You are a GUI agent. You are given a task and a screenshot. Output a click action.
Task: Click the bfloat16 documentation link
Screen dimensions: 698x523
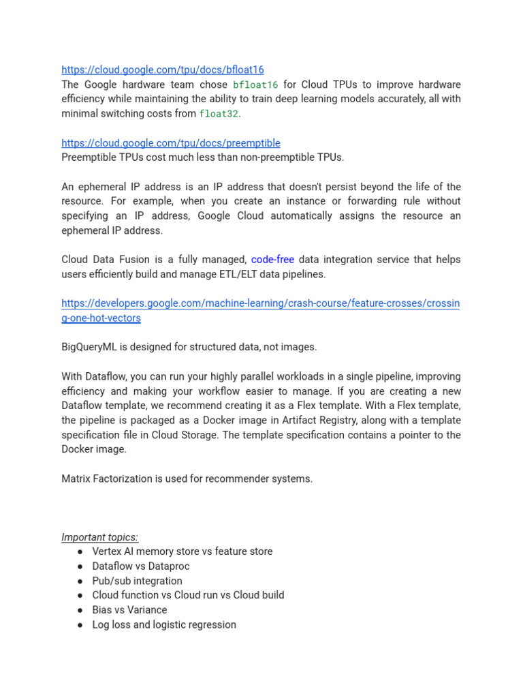(x=162, y=70)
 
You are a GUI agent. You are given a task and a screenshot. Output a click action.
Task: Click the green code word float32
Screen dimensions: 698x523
(x=219, y=114)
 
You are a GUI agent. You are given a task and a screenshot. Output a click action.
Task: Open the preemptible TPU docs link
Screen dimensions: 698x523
(x=170, y=143)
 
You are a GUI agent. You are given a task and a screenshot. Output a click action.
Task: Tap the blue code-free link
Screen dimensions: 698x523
(x=272, y=260)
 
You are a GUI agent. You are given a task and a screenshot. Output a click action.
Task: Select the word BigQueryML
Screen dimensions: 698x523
(x=90, y=347)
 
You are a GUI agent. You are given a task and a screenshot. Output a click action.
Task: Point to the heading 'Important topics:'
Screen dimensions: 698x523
(x=99, y=537)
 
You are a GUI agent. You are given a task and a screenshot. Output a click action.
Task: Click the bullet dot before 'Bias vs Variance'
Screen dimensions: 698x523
(x=80, y=610)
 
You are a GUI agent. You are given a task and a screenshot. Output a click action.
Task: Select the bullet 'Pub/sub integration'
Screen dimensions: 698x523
(x=137, y=581)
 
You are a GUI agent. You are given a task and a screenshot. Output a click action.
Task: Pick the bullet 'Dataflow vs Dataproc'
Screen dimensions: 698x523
(x=140, y=566)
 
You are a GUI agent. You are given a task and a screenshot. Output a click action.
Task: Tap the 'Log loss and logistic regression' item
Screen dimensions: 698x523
(x=164, y=624)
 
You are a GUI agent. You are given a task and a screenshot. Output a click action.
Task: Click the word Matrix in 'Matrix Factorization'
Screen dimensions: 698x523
(x=76, y=479)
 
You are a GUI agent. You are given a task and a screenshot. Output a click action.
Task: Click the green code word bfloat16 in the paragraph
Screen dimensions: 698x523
(x=255, y=85)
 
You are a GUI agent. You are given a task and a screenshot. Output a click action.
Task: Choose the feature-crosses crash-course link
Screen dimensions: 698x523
(x=260, y=303)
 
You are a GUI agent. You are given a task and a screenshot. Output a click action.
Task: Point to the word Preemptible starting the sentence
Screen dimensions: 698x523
(x=88, y=157)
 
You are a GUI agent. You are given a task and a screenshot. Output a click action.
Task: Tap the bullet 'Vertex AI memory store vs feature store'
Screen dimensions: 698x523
(x=182, y=551)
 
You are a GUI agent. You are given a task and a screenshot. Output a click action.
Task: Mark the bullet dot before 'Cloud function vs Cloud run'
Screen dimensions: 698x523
(x=80, y=595)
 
